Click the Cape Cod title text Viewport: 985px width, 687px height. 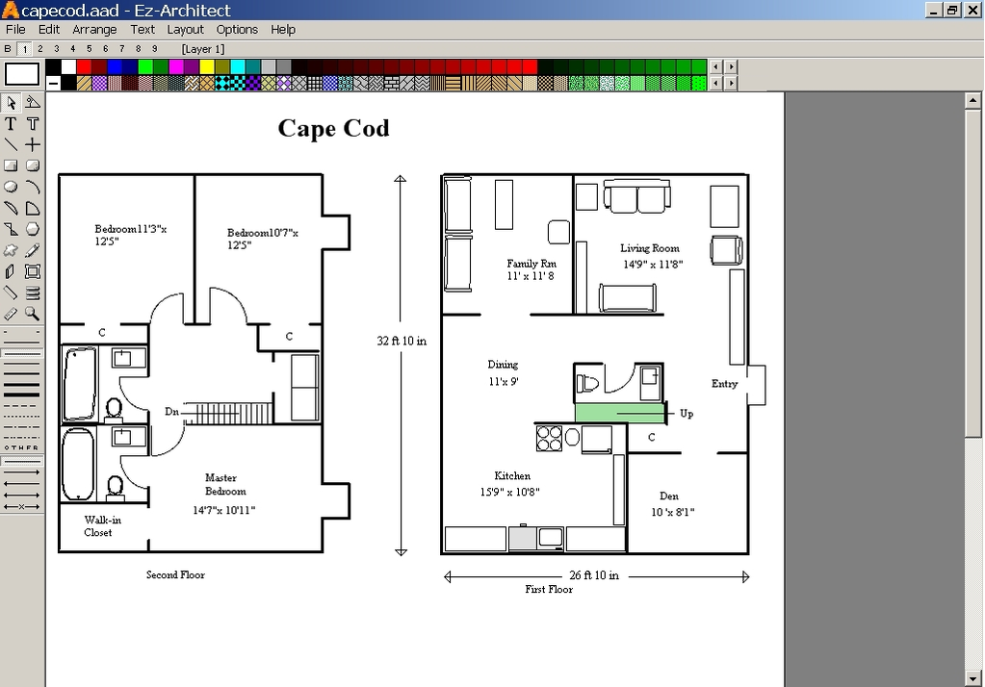(333, 128)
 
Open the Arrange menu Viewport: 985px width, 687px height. (94, 30)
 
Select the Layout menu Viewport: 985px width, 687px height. (185, 30)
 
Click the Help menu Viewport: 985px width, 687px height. (283, 30)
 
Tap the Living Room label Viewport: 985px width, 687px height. (650, 248)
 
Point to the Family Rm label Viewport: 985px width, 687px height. (531, 264)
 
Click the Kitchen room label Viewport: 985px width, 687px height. (512, 476)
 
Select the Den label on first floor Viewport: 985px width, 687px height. (669, 496)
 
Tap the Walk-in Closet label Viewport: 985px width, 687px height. (102, 526)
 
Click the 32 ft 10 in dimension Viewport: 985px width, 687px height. (402, 341)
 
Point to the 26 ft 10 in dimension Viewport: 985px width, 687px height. (594, 575)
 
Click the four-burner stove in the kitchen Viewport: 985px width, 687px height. (549, 439)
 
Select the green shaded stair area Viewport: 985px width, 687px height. (620, 413)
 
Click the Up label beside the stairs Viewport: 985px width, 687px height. (687, 414)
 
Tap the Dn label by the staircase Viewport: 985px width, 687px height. (171, 412)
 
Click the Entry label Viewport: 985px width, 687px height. (724, 384)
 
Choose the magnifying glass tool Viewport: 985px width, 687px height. (32, 314)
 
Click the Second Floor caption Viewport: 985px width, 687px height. (175, 574)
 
